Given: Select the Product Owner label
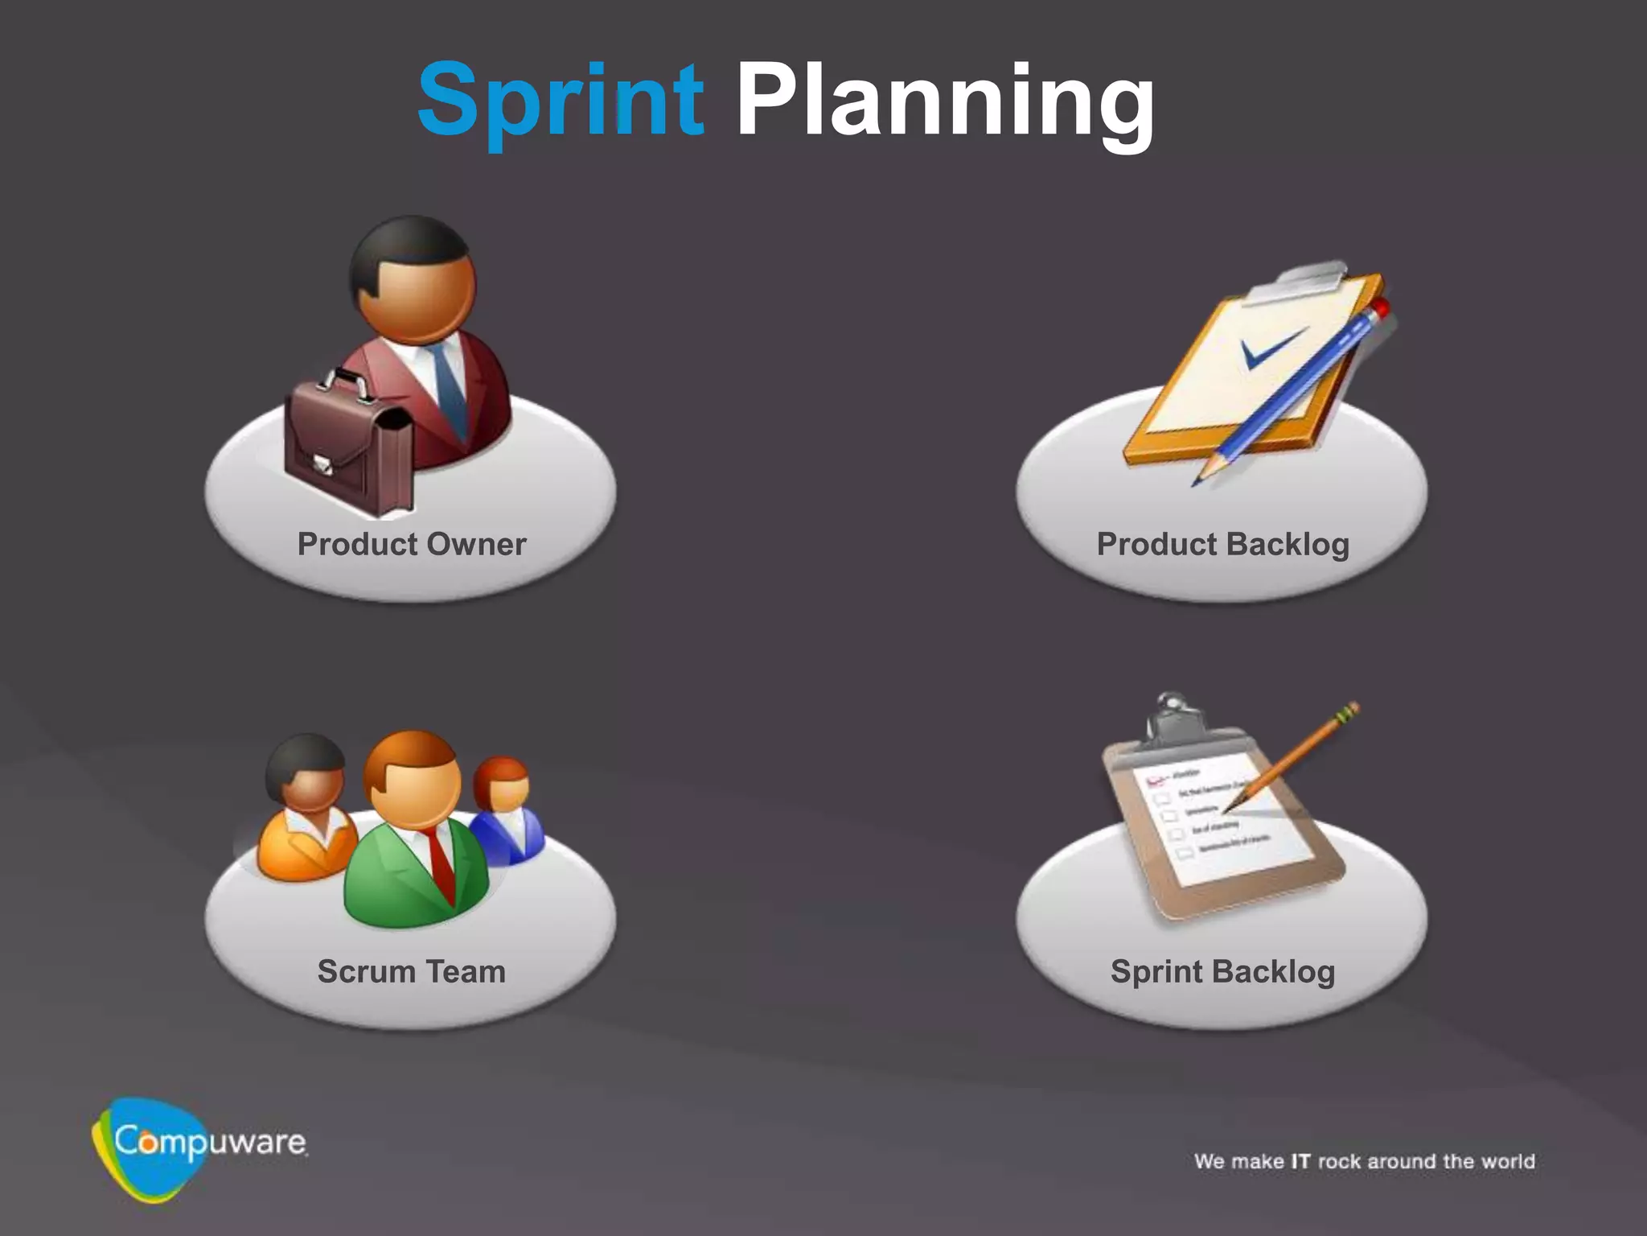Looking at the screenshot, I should coord(412,545).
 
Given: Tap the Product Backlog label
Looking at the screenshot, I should coord(1222,545).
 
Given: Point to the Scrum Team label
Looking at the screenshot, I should coord(412,972).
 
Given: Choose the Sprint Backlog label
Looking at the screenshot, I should coord(1222,972).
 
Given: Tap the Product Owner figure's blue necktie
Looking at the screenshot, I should coord(448,386).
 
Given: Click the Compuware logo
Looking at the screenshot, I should coord(197,1143).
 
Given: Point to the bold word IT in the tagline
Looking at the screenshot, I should coord(1300,1161).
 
